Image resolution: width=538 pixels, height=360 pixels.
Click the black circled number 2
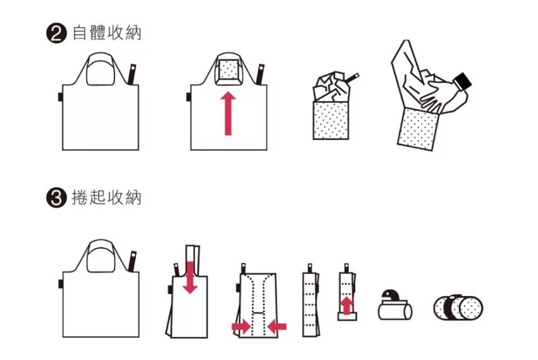tap(56, 34)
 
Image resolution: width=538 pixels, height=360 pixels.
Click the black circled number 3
tap(56, 198)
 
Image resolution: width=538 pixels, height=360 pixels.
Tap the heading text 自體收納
tap(107, 33)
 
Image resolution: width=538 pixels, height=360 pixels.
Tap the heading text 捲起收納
tap(107, 197)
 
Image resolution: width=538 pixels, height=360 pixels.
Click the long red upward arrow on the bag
tap(228, 113)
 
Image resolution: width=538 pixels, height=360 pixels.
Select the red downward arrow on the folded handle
tap(190, 277)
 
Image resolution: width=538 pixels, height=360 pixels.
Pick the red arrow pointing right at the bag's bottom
tap(241, 326)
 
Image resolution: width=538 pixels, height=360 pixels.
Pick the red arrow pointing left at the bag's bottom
tap(277, 326)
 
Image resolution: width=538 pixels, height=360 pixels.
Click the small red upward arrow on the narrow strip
tap(347, 305)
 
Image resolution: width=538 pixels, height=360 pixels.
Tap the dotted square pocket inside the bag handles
tap(229, 69)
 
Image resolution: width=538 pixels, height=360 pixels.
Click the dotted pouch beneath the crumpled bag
tap(331, 120)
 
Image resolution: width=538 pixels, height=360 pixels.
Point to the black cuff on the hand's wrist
tap(463, 82)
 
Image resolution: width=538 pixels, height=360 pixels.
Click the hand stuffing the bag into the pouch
tap(439, 94)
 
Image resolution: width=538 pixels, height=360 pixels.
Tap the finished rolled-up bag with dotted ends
tap(458, 307)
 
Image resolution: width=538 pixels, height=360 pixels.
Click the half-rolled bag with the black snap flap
tap(395, 305)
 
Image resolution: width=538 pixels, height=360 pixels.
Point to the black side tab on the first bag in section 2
tap(60, 97)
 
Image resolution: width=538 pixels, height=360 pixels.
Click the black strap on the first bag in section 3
tap(132, 261)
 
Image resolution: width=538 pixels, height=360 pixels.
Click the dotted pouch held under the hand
tap(418, 129)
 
